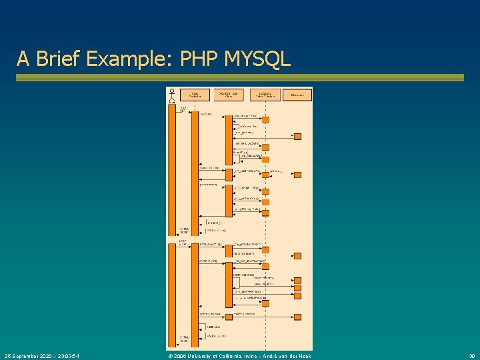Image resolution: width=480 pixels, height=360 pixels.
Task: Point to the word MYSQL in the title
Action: coord(258,59)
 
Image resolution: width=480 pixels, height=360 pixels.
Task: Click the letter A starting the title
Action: coord(23,59)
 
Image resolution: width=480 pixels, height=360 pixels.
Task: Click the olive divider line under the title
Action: coord(240,77)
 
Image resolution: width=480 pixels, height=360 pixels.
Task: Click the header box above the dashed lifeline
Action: coord(264,95)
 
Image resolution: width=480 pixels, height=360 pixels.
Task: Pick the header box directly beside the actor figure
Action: coord(195,95)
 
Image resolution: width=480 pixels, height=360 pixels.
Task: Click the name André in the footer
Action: coord(286,355)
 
